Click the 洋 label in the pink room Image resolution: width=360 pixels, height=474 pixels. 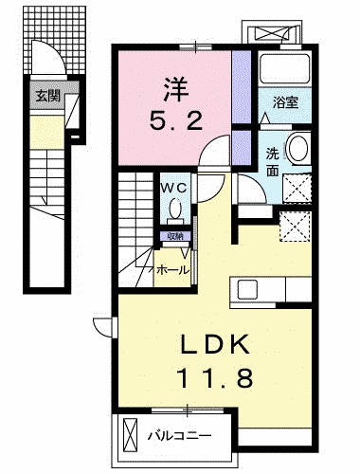(x=174, y=91)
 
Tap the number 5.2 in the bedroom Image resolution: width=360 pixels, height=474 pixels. (x=174, y=121)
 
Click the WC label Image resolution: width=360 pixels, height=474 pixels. (x=174, y=187)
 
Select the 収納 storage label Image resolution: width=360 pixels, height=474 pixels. (x=173, y=236)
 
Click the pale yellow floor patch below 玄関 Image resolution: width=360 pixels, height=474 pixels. (x=44, y=129)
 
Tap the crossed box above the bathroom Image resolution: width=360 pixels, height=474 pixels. (x=282, y=31)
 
